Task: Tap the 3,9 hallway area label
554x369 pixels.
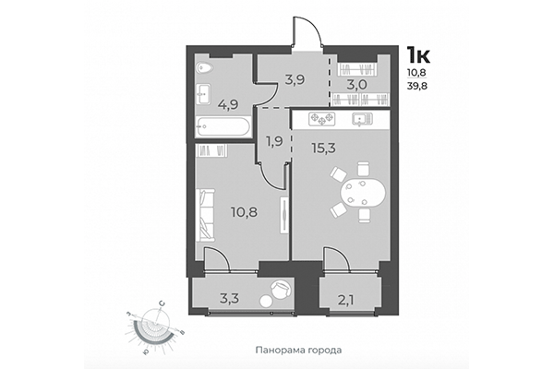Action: (270, 79)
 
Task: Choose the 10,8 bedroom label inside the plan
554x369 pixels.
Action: (243, 211)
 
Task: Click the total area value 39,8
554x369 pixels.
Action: (419, 87)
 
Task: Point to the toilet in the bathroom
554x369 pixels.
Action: (205, 68)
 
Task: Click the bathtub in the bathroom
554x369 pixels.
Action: (223, 125)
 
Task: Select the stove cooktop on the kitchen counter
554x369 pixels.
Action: (321, 118)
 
